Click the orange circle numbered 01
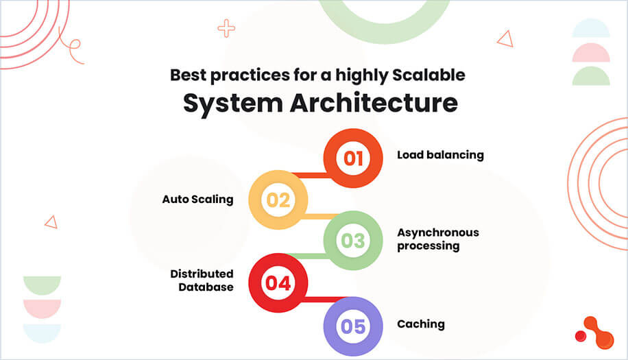click(352, 158)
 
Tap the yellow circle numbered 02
click(278, 200)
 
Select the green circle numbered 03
click(352, 241)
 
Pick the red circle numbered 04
click(278, 283)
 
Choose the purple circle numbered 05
click(352, 326)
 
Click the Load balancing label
click(440, 155)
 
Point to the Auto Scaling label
click(197, 200)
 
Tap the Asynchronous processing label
click(437, 239)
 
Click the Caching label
click(421, 324)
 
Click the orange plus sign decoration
click(226, 28)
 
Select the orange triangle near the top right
click(506, 39)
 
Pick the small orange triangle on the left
click(51, 221)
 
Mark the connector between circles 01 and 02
click(309, 175)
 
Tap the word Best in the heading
click(186, 74)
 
